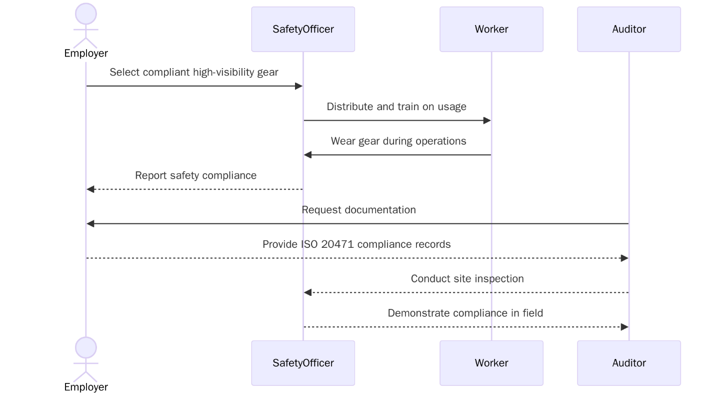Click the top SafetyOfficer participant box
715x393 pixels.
[303, 29]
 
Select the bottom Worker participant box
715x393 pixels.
[491, 363]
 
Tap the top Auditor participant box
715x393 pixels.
[628, 29]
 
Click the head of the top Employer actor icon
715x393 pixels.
[86, 14]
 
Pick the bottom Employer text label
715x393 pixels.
[86, 387]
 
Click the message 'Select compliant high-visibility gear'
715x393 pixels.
[194, 72]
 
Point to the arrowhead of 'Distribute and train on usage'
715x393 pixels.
[487, 121]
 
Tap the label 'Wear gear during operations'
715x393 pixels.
[398, 141]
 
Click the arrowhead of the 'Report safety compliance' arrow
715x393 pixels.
[90, 189]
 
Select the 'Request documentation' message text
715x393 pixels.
[358, 210]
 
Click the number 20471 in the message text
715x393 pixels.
[338, 244]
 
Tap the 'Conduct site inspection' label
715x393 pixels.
[467, 279]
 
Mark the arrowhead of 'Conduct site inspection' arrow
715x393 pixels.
[308, 292]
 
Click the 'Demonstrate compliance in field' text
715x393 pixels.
[465, 313]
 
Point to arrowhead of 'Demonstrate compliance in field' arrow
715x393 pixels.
[624, 327]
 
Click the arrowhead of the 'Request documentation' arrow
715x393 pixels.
[90, 224]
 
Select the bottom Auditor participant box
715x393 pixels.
[628, 363]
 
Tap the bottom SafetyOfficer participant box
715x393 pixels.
[303, 363]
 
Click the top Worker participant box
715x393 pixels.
[491, 29]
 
